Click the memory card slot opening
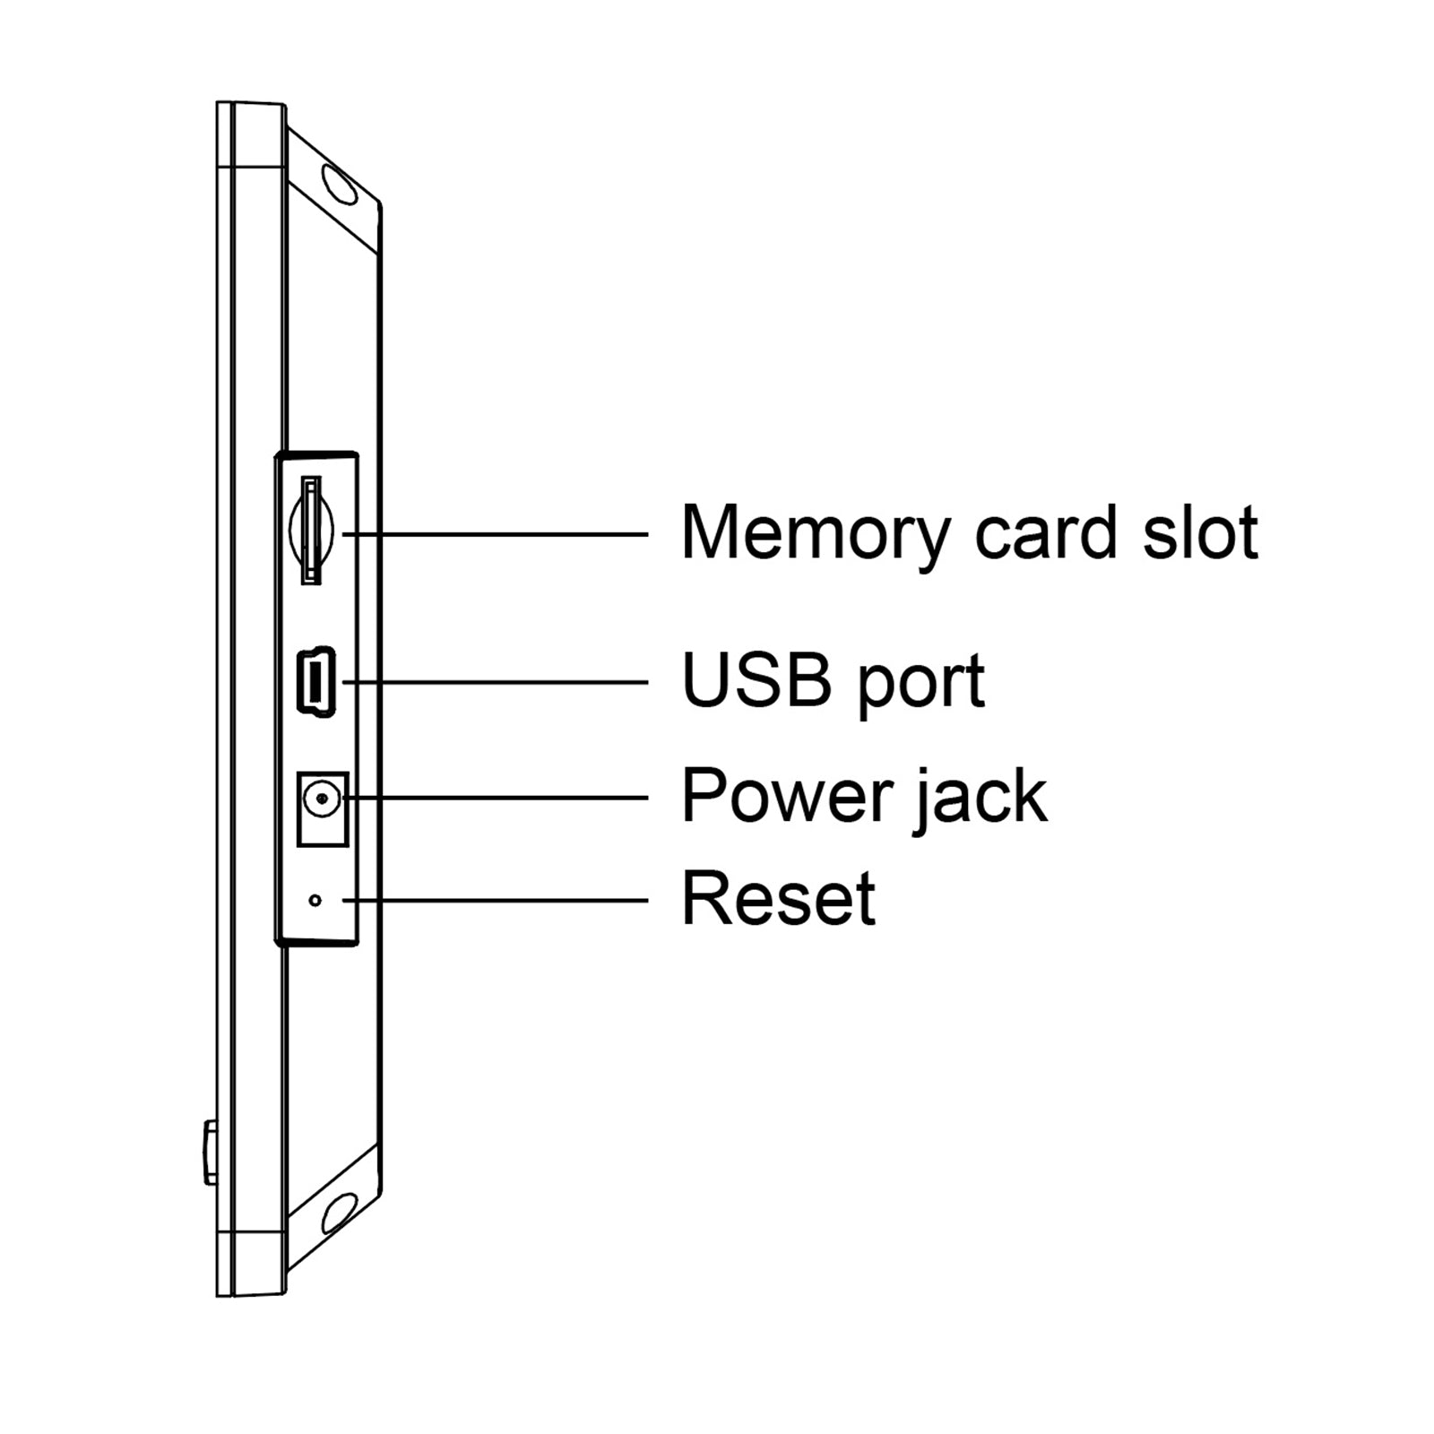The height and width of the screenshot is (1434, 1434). pyautogui.click(x=310, y=531)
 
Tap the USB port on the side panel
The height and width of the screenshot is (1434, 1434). pyautogui.click(x=315, y=681)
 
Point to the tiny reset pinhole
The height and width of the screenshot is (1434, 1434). pyautogui.click(x=315, y=899)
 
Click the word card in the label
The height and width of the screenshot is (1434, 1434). pyautogui.click(x=1044, y=532)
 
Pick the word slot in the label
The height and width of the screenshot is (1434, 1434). pyautogui.click(x=1200, y=532)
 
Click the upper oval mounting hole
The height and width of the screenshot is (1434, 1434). pyautogui.click(x=339, y=183)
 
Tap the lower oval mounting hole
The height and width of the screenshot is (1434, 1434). pyautogui.click(x=339, y=1214)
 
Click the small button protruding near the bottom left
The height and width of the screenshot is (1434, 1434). pyautogui.click(x=210, y=1152)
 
